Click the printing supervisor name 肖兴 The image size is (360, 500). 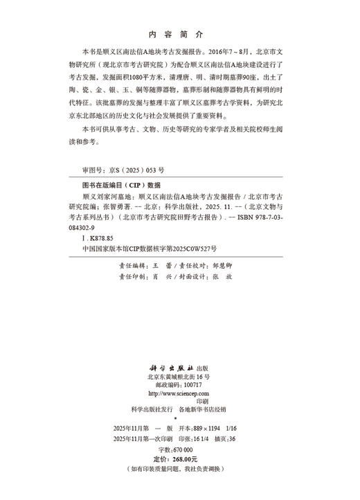click(x=161, y=276)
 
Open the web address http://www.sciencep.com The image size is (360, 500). click(x=178, y=393)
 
